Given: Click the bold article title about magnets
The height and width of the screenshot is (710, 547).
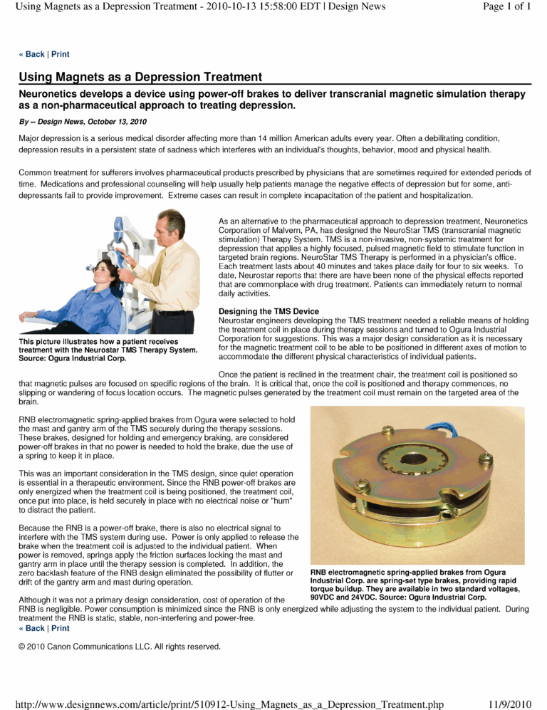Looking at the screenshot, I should (x=140, y=77).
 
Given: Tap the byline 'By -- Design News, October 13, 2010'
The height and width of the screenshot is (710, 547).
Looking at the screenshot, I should (x=83, y=122).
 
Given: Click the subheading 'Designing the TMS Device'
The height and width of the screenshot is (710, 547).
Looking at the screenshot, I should (x=269, y=311).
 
